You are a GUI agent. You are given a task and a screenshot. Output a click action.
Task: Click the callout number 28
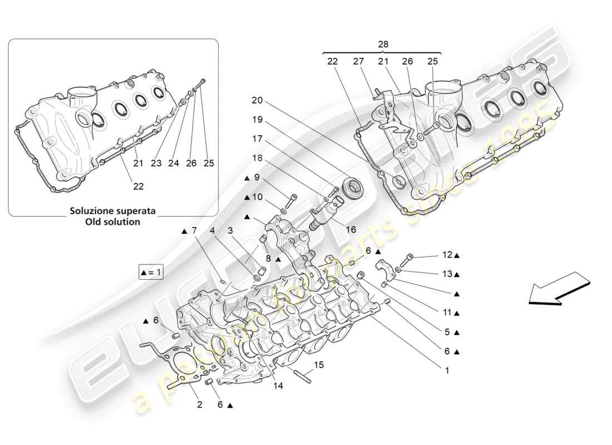[x=383, y=44]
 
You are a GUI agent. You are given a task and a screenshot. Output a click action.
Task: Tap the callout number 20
[x=256, y=101]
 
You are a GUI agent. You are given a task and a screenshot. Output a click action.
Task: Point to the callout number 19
[x=256, y=119]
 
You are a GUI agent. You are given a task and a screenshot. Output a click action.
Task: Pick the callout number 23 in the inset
[x=156, y=163]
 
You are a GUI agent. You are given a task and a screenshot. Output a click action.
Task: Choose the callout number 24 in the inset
[x=174, y=163]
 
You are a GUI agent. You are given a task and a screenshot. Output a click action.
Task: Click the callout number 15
[x=318, y=365]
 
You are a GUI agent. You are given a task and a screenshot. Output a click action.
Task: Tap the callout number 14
[x=278, y=385]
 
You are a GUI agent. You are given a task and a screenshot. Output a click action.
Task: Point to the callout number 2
[x=200, y=405]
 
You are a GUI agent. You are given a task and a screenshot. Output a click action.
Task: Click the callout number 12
[x=447, y=255]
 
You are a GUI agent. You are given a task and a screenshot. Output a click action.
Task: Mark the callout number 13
[x=447, y=274]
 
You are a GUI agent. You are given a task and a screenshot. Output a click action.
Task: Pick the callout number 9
[x=257, y=177]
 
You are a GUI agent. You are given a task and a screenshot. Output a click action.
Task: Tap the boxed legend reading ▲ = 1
[x=151, y=273]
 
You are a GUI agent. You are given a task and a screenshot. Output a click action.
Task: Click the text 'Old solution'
[x=112, y=221]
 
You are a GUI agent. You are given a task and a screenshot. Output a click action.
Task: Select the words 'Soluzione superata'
[x=112, y=211]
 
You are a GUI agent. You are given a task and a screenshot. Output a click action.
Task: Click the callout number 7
[x=194, y=230]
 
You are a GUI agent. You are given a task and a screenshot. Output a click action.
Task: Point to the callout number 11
[x=447, y=313]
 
